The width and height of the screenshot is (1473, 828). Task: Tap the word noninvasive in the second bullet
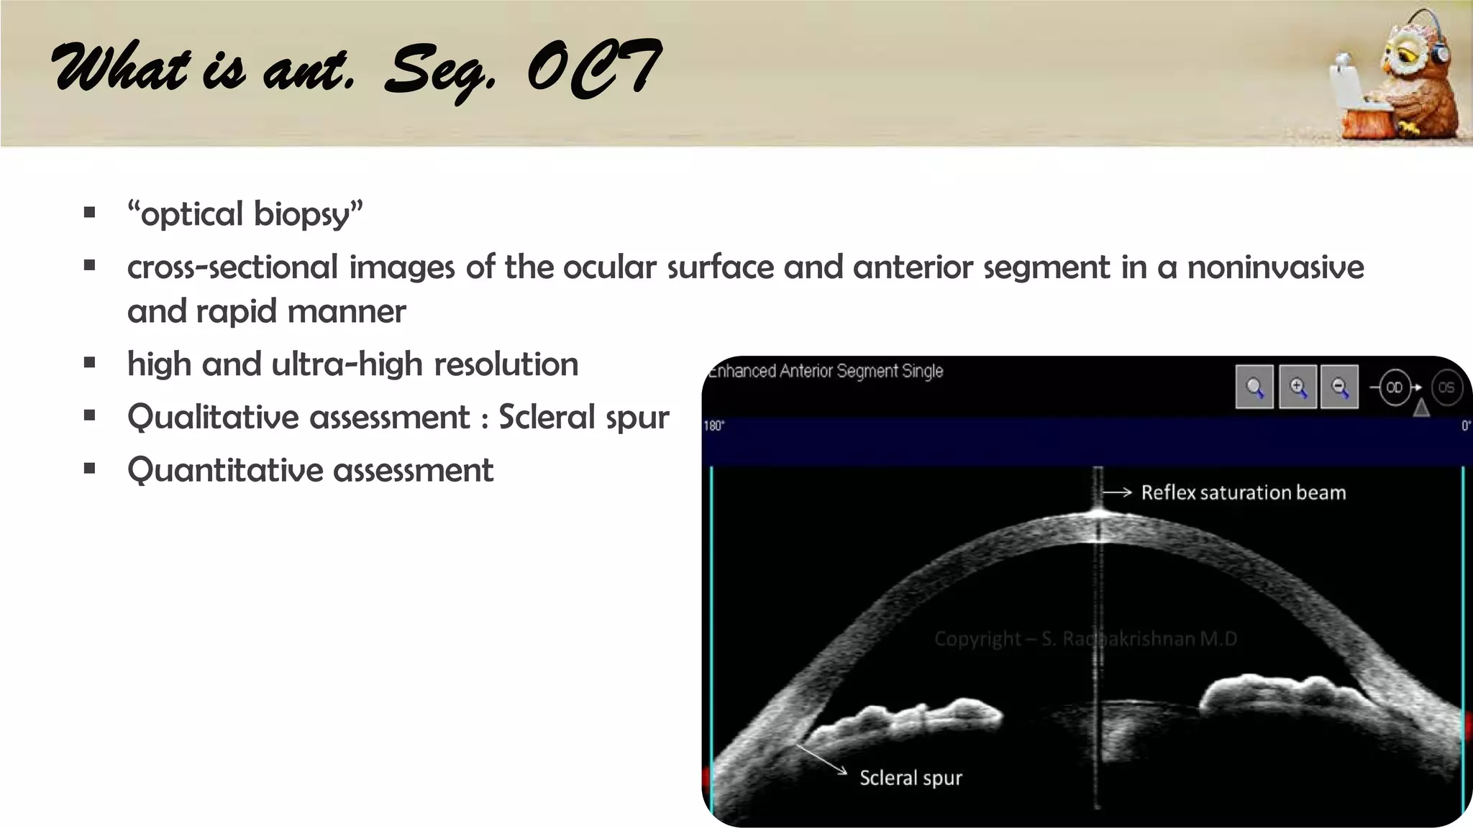(x=1275, y=267)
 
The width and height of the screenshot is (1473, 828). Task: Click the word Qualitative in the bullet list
(x=298, y=418)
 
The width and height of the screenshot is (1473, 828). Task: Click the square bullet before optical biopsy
(x=90, y=213)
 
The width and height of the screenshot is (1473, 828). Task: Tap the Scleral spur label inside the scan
(x=911, y=778)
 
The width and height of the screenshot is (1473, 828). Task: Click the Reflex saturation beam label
(x=1243, y=492)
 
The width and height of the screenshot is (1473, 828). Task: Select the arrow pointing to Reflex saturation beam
(x=1117, y=492)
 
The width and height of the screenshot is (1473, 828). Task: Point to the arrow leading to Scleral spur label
(x=820, y=759)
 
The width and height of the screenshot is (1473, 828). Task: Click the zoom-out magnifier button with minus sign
(x=1339, y=387)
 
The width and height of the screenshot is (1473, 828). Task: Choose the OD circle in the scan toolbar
(x=1394, y=387)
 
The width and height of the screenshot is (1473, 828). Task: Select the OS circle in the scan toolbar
(x=1446, y=387)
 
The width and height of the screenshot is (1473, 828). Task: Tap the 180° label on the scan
(x=713, y=425)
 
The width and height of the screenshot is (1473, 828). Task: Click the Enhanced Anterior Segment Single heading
(x=826, y=371)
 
